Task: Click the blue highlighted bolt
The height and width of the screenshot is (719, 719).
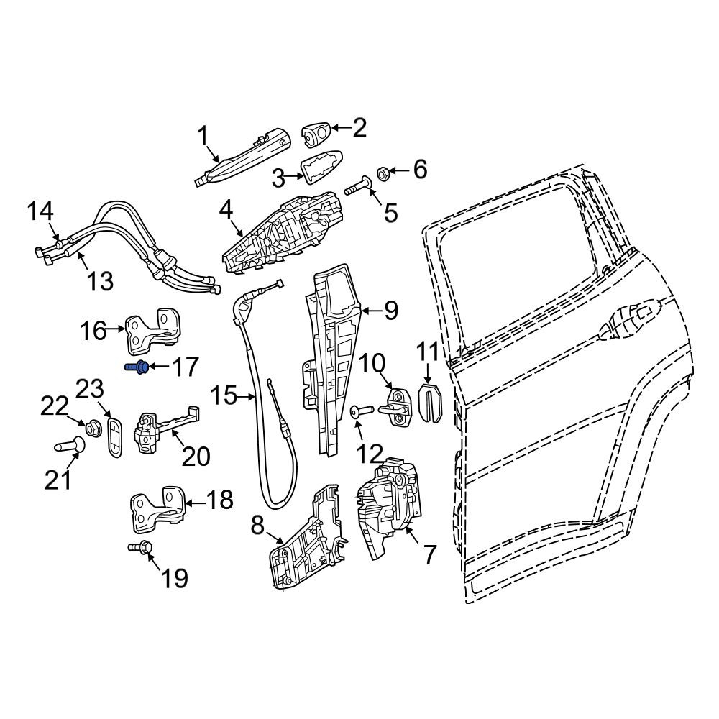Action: [x=137, y=367]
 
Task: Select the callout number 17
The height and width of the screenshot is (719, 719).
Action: [x=185, y=367]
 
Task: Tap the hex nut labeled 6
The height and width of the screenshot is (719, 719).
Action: [x=383, y=174]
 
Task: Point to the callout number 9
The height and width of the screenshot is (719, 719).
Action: [x=391, y=311]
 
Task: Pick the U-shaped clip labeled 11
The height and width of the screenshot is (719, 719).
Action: [x=431, y=402]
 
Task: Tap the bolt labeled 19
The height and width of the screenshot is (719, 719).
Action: [x=140, y=547]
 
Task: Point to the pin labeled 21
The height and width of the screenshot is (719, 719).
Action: [x=70, y=445]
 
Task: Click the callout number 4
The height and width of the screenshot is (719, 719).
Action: [x=226, y=211]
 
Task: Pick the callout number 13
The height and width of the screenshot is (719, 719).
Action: [x=100, y=280]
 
